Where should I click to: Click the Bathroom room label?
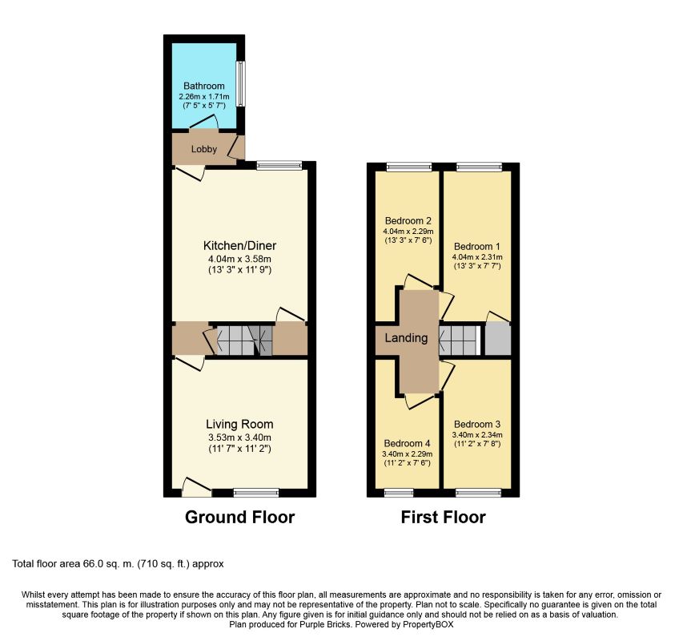pos(203,86)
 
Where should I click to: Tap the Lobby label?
pos(203,149)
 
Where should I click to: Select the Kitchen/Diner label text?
pos(239,245)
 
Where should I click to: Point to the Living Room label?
pos(239,424)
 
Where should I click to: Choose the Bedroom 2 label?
pos(408,221)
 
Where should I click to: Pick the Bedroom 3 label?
pos(476,424)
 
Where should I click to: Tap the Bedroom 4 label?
pos(408,443)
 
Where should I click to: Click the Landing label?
pos(406,338)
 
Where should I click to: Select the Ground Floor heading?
pos(239,518)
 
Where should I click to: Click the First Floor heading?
pos(443,518)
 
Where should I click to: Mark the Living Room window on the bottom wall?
pos(256,492)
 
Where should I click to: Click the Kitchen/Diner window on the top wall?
pos(279,166)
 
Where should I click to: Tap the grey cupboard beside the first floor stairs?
pos(497,340)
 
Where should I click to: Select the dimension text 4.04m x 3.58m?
pos(239,259)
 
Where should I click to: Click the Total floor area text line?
pos(123,564)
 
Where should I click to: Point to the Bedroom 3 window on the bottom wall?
pos(478,492)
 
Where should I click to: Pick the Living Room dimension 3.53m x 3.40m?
pos(239,437)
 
